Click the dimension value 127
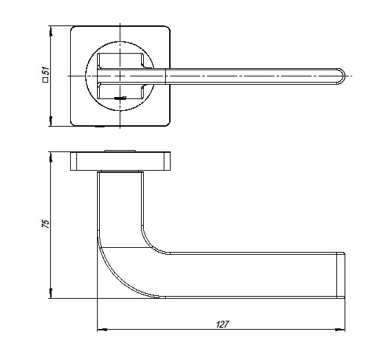pyautogui.click(x=222, y=324)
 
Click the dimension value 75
pyautogui.click(x=46, y=224)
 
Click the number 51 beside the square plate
pyautogui.click(x=46, y=71)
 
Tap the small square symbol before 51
pyautogui.click(x=45, y=80)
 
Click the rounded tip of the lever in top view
pyautogui.click(x=341, y=76)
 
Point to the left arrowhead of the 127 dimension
pyautogui.click(x=102, y=330)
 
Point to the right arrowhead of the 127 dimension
pyautogui.click(x=340, y=330)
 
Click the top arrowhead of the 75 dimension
pyautogui.click(x=51, y=157)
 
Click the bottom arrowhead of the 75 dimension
pyautogui.click(x=51, y=293)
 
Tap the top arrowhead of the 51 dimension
pyautogui.click(x=51, y=31)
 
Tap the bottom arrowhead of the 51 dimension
pyautogui.click(x=51, y=121)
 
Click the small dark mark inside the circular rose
pyautogui.click(x=120, y=98)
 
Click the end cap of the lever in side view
pyautogui.click(x=340, y=275)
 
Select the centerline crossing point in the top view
pyautogui.click(x=120, y=76)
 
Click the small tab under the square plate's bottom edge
pyautogui.click(x=100, y=127)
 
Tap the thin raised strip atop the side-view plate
pyautogui.click(x=120, y=151)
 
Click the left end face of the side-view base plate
pyautogui.click(x=74, y=161)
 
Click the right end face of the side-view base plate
pyautogui.click(x=167, y=161)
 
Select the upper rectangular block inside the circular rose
pyautogui.click(x=120, y=61)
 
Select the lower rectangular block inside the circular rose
pyautogui.click(x=120, y=92)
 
